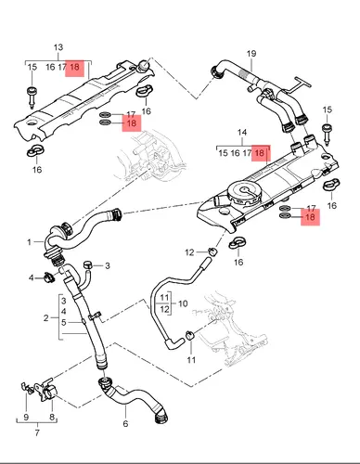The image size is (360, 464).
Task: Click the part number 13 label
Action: [58, 47]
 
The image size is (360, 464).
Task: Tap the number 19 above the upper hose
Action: [251, 54]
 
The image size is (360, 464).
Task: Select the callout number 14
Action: [242, 133]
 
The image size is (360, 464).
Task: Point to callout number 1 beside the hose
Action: [29, 241]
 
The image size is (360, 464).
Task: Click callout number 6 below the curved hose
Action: [125, 423]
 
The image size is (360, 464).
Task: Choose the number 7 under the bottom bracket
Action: [37, 432]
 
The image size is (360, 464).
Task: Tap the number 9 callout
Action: [26, 417]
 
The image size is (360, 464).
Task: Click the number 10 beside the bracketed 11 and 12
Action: [183, 303]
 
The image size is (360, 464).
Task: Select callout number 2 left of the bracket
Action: [45, 317]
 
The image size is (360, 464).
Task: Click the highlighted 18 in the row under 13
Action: [74, 67]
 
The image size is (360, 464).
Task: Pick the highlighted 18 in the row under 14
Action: [259, 153]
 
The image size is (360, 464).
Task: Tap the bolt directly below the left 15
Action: [32, 97]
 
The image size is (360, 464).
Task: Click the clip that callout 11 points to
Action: [189, 334]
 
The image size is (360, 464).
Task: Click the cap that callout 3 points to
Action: [88, 264]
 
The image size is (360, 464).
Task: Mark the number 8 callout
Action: [52, 417]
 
